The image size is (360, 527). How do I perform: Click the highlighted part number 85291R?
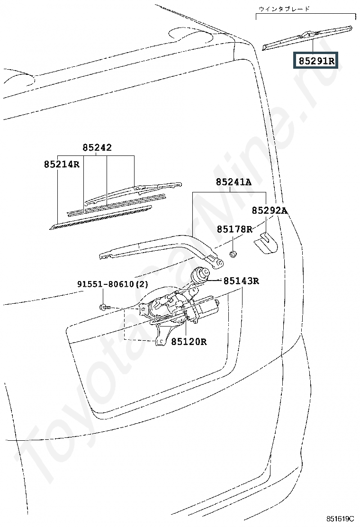[x=316, y=61]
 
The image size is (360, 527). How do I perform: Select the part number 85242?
[x=97, y=147]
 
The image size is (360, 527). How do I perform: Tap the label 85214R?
[x=62, y=164]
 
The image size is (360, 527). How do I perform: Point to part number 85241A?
[x=234, y=182]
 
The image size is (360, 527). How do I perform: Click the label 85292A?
[x=270, y=210]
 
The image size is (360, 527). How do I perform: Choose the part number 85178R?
[x=234, y=229]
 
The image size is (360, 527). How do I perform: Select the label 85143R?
[x=241, y=281]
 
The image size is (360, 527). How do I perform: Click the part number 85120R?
[x=189, y=342]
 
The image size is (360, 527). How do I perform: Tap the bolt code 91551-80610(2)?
[x=113, y=284]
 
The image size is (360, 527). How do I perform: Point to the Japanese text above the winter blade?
[x=284, y=9]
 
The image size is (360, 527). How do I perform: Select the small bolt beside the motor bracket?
[x=104, y=307]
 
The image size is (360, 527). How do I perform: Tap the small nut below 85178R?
[x=233, y=254]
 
